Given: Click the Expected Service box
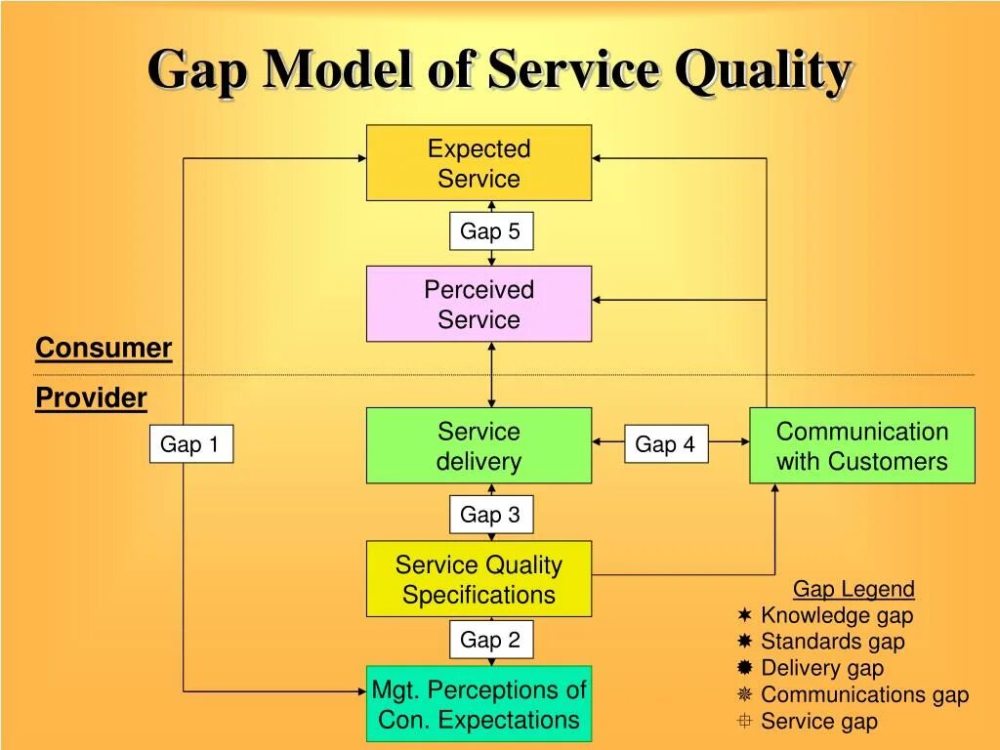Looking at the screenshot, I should (x=479, y=163).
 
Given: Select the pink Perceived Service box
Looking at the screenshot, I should (x=479, y=304).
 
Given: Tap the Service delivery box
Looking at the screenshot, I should (x=479, y=445).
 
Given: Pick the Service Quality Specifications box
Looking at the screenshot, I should (x=479, y=579).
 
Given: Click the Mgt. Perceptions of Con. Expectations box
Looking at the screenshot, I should (x=479, y=704).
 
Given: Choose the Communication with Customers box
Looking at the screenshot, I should (x=861, y=445).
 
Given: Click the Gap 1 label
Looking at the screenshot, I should (x=190, y=445).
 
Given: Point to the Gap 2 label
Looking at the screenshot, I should (x=490, y=641).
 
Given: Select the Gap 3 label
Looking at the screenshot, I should (x=490, y=515).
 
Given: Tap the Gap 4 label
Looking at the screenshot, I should (x=665, y=445).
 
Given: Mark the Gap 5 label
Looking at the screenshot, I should (x=490, y=231).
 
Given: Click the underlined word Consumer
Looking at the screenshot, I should (x=104, y=349).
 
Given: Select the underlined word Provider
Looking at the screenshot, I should (x=91, y=398).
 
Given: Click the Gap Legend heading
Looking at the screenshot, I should (x=854, y=589).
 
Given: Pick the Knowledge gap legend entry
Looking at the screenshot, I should (x=836, y=615).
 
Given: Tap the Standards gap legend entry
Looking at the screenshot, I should (x=832, y=642).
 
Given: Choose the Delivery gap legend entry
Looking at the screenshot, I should (x=821, y=668).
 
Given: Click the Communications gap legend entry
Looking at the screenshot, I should (x=864, y=694).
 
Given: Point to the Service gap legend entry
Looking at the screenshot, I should (x=818, y=722).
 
